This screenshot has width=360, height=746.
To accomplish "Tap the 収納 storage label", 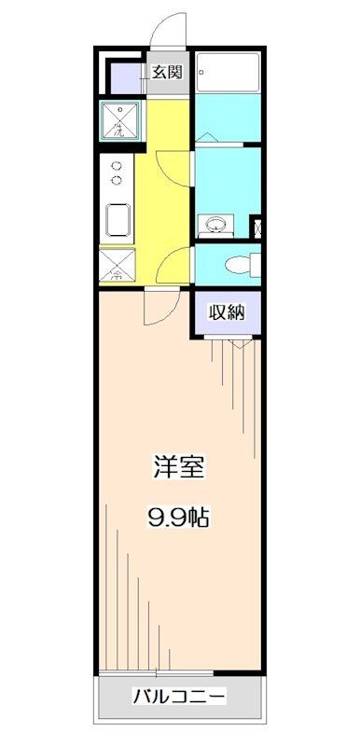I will point(226,313).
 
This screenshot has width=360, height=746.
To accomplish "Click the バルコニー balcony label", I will point(178,696).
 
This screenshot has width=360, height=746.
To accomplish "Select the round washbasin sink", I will point(217,224).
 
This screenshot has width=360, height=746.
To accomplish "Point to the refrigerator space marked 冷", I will point(118,266).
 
